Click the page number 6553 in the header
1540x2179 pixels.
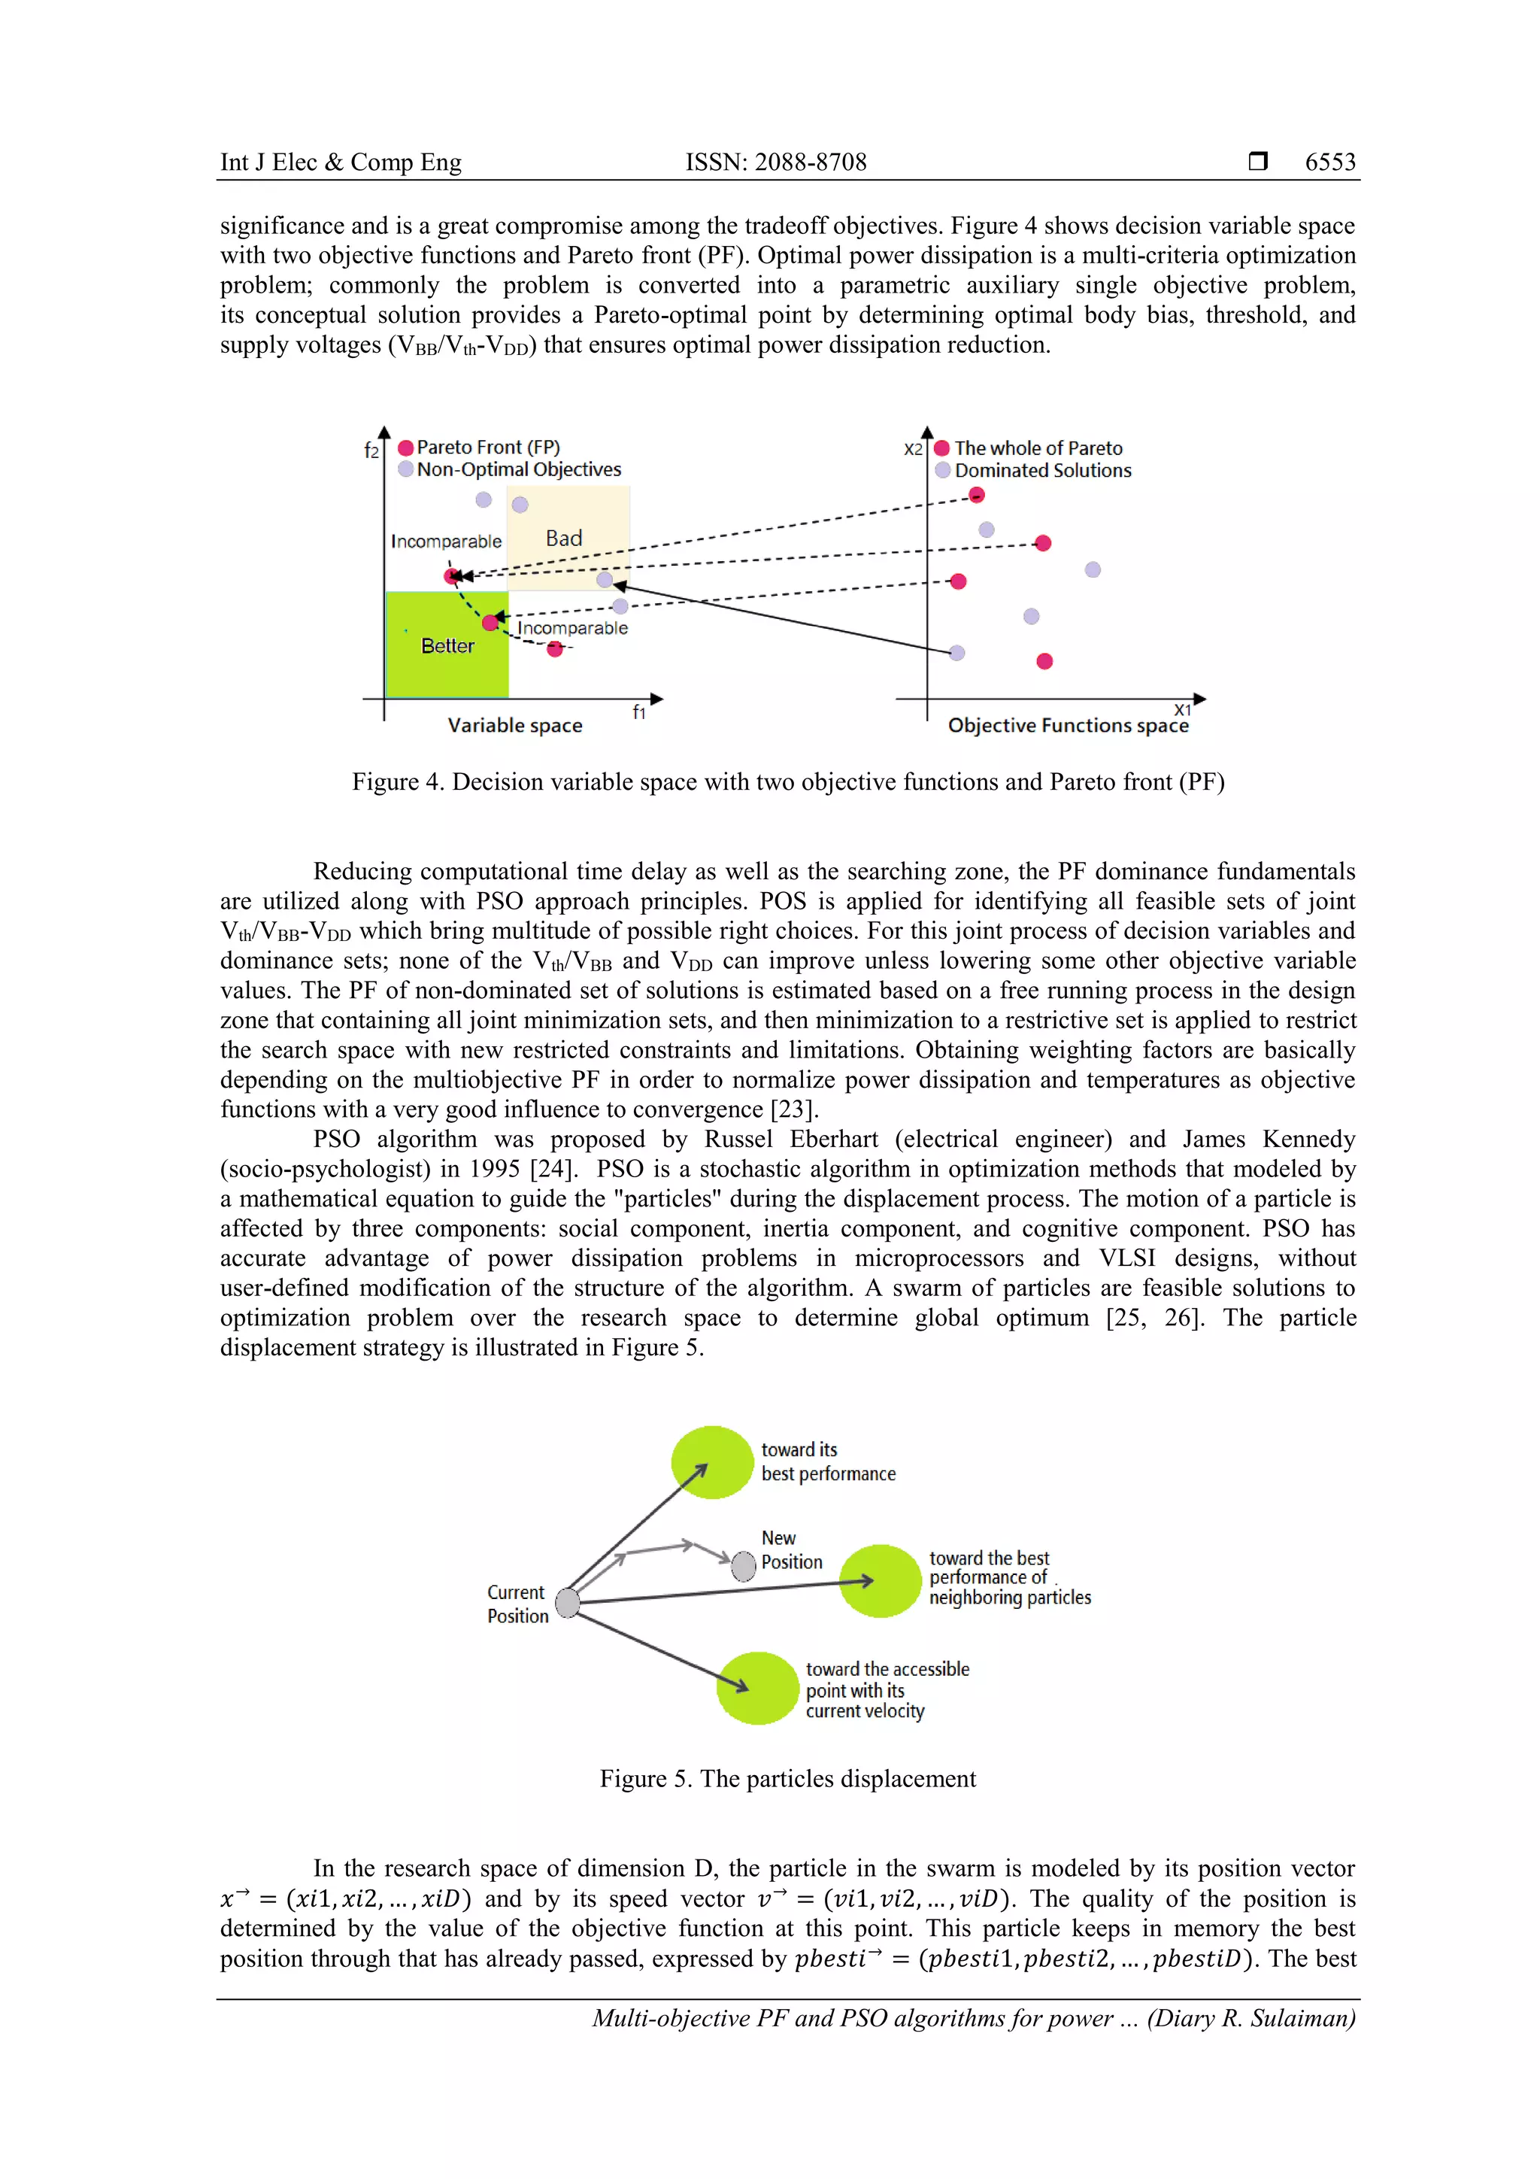pos(1329,162)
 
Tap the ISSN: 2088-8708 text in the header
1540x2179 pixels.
pos(775,162)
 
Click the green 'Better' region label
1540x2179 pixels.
pos(447,646)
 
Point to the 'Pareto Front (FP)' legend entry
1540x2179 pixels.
pos(488,447)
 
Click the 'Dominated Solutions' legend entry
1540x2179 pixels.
pos(1042,471)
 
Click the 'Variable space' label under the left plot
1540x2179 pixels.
pos(514,726)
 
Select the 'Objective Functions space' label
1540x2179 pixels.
pos(1068,726)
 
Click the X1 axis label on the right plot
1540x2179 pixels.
pos(1181,710)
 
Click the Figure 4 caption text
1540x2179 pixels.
pos(787,782)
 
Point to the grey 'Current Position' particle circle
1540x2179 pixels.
pos(568,1603)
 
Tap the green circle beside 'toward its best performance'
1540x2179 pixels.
pos(711,1462)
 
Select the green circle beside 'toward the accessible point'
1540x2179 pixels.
pos(757,1689)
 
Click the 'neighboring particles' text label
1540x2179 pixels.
pos(1010,1598)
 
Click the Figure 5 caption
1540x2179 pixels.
pos(787,1779)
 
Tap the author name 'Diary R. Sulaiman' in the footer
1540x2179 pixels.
pos(1250,2018)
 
